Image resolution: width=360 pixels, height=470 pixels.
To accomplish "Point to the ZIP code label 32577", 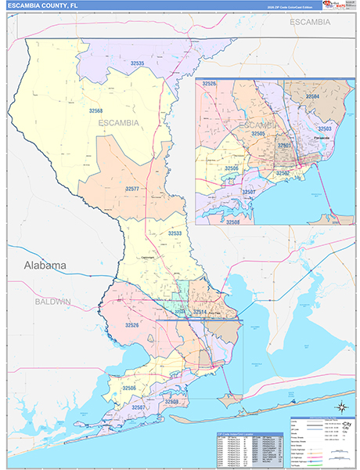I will [131, 189].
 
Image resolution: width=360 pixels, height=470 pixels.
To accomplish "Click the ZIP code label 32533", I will [175, 233].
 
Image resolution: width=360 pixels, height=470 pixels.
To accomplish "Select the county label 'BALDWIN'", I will [52, 301].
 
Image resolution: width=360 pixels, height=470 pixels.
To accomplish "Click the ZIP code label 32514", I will [201, 312].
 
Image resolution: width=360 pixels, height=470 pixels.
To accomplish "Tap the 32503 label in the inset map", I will [324, 128].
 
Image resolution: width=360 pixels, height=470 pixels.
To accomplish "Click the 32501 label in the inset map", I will [284, 146].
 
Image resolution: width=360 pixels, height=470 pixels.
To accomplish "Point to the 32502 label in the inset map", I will [283, 172].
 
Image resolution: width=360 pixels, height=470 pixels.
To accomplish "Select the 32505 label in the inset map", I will [257, 134].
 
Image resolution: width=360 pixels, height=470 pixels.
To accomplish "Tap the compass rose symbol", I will [341, 406].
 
